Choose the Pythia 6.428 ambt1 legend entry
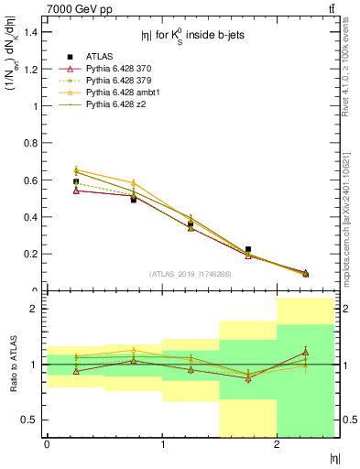121,93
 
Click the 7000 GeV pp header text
78,8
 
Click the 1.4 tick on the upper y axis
31,32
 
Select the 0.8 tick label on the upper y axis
31,143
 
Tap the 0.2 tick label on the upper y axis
31,254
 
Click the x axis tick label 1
162,444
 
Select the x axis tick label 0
47,444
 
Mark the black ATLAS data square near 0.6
76,181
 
